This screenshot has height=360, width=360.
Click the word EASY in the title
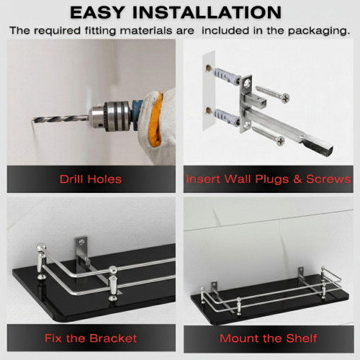[x=97, y=12]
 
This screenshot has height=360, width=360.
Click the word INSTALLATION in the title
[x=207, y=12]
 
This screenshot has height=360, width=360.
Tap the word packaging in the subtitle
[x=319, y=31]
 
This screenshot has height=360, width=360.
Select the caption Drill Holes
[x=91, y=179]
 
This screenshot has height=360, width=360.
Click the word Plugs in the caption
[x=272, y=179]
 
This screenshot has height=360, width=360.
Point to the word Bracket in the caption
[x=113, y=338]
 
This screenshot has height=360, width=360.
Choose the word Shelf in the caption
[x=302, y=338]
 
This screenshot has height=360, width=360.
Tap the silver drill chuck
[x=110, y=117]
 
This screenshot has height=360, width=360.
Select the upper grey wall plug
[x=226, y=76]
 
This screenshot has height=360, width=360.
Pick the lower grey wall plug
[x=226, y=117]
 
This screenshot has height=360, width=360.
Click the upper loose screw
[x=272, y=93]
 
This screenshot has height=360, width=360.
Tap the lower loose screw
[x=268, y=135]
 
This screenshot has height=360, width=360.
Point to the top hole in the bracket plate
[x=247, y=84]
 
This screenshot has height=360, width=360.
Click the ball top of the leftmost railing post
[x=41, y=247]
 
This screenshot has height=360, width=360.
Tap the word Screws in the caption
[x=328, y=179]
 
